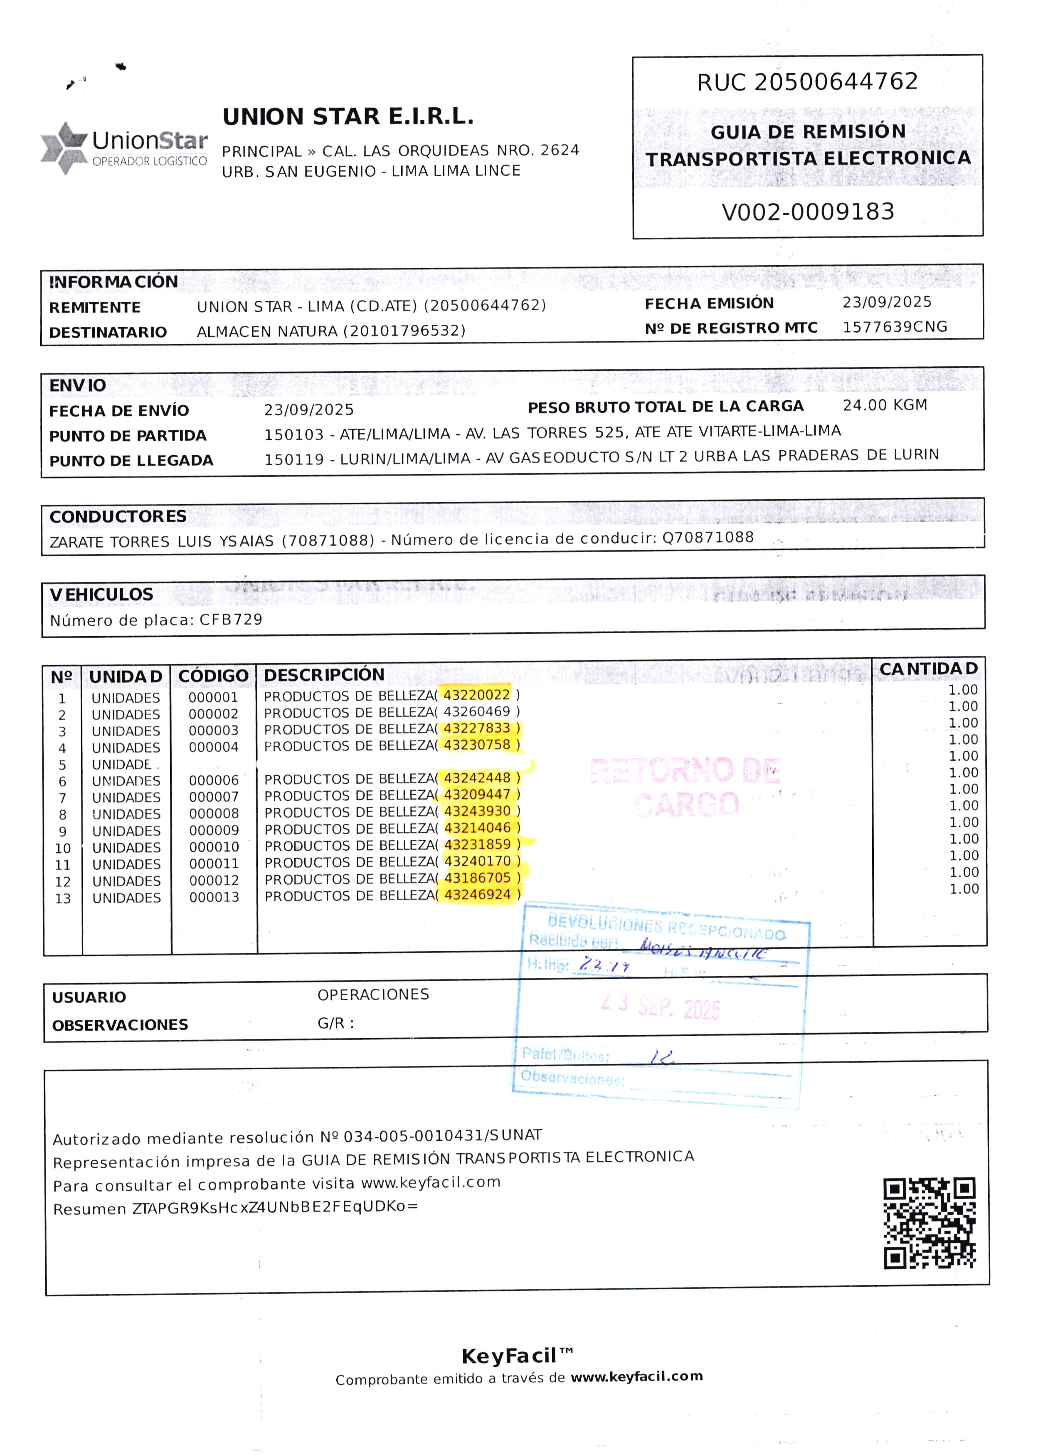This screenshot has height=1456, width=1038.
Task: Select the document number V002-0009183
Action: click(808, 212)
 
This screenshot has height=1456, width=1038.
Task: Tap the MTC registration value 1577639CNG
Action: click(894, 327)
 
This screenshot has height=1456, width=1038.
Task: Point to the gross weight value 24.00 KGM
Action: click(885, 405)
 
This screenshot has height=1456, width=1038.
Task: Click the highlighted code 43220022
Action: click(477, 695)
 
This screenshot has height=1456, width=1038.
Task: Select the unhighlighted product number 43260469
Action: click(477, 711)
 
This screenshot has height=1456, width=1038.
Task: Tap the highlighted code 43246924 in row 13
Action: click(478, 895)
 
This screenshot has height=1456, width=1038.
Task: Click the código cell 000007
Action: click(214, 797)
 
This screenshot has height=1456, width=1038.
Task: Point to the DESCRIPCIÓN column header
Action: click(324, 675)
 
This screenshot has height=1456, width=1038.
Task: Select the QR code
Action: click(930, 1223)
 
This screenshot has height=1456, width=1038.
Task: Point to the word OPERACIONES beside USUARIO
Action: click(373, 995)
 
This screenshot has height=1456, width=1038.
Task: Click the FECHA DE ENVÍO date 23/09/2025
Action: click(309, 410)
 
